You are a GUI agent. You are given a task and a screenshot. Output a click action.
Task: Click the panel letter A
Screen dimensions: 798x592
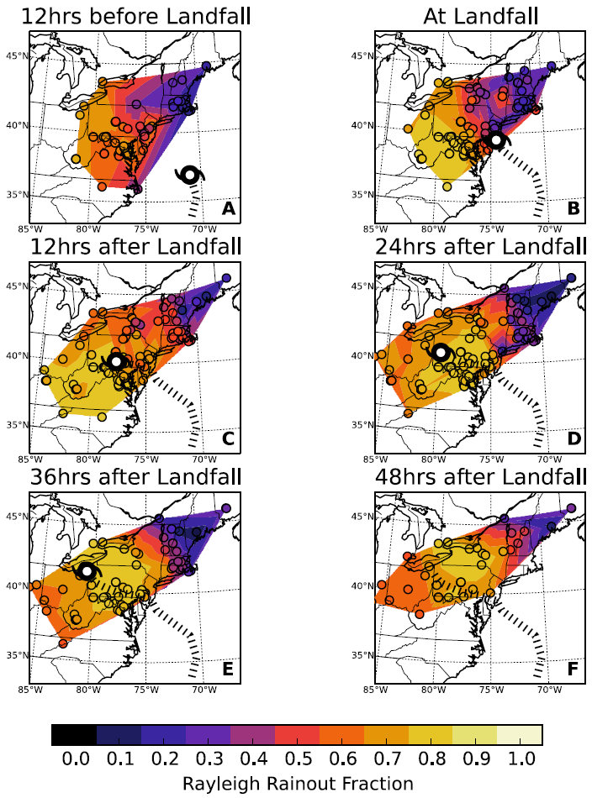tap(227, 208)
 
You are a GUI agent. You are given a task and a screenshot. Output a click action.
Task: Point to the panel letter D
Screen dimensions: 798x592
tap(573, 438)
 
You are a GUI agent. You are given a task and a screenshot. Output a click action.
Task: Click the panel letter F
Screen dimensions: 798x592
tap(573, 669)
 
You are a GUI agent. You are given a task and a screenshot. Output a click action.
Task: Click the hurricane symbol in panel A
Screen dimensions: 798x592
tap(190, 175)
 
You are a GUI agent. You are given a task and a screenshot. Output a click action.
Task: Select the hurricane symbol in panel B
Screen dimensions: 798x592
tap(497, 139)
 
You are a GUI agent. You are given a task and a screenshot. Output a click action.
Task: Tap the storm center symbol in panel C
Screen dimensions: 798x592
tap(116, 361)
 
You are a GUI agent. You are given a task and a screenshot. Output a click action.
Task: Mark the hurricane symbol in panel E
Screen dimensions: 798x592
tap(87, 571)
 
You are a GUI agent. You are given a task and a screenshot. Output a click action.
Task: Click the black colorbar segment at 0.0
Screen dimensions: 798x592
tap(74, 735)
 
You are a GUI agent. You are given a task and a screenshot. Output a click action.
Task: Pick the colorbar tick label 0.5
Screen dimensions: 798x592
tap(297, 760)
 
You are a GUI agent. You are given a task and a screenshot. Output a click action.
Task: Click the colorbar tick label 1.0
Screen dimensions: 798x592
tap(520, 760)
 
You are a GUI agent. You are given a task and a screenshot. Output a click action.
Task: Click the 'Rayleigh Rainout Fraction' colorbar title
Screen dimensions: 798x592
tap(297, 783)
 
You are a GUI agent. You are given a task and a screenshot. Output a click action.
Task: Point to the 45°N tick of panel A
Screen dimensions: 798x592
tap(17, 55)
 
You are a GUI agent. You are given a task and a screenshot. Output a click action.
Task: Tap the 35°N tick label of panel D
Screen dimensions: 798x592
tap(363, 425)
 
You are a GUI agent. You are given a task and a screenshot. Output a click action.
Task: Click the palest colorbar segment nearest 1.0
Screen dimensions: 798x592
tap(520, 735)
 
